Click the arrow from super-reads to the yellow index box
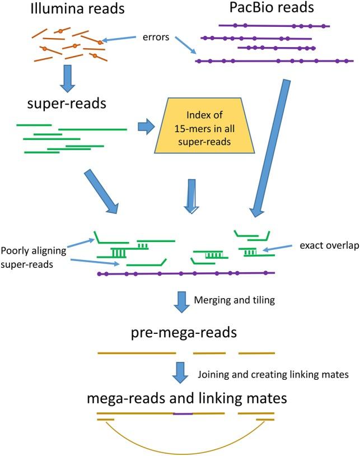click(x=146, y=127)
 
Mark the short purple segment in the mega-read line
click(x=183, y=414)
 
